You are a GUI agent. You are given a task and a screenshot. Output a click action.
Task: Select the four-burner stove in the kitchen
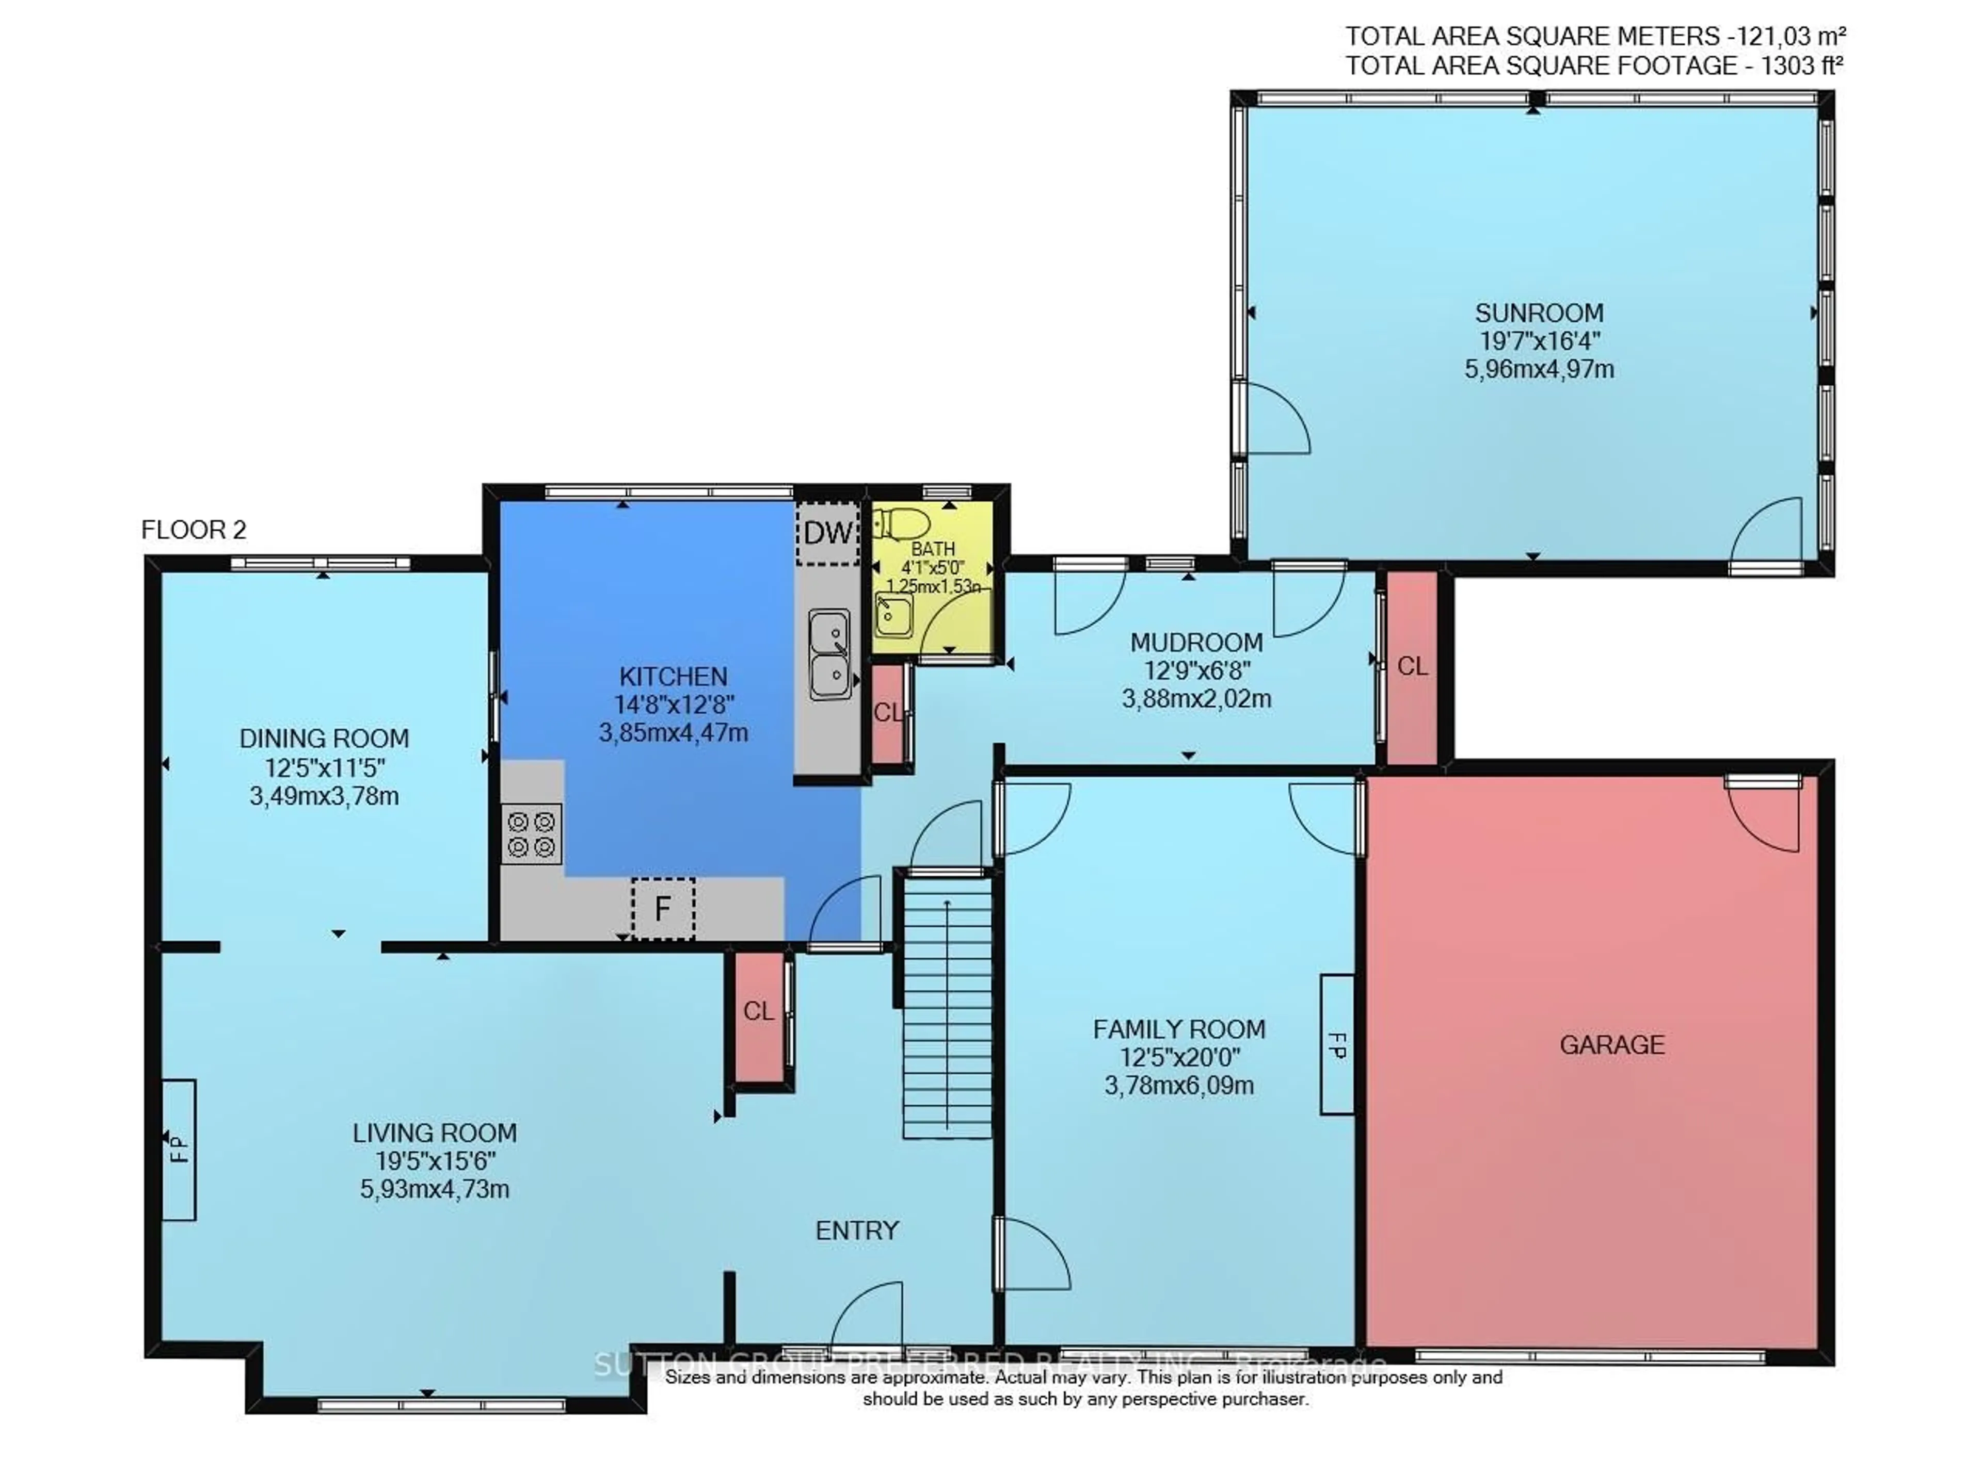point(531,834)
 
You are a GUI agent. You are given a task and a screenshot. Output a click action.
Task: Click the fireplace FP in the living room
point(179,1149)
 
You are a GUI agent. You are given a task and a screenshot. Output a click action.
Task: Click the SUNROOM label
point(1539,313)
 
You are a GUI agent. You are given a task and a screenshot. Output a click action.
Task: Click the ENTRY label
point(856,1230)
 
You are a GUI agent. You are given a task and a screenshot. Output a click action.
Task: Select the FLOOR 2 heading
point(194,530)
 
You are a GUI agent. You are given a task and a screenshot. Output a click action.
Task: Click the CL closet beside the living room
point(757,1011)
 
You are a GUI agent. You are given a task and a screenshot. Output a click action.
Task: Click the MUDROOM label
point(1196,642)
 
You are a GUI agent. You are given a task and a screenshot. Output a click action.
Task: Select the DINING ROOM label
point(324,739)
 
